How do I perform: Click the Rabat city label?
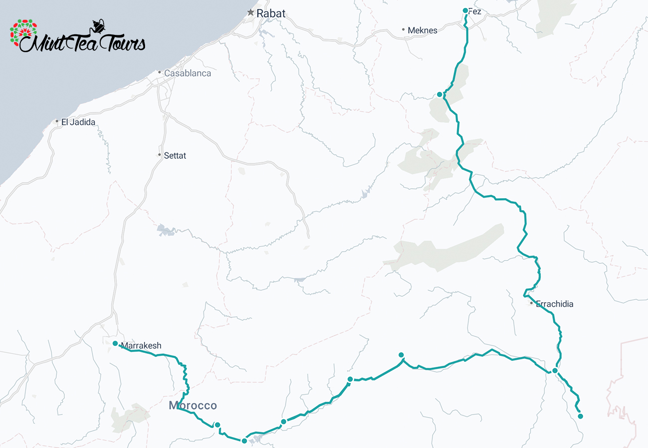[271, 13]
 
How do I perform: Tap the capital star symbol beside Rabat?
[251, 12]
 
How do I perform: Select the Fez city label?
[475, 11]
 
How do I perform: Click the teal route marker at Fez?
[465, 10]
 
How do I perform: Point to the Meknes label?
[422, 30]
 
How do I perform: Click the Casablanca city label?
[187, 73]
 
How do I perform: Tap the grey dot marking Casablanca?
[160, 73]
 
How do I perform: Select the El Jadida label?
[78, 121]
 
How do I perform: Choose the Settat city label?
[175, 156]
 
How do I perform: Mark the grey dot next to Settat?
[160, 155]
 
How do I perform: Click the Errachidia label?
[554, 304]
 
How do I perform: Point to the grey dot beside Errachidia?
[532, 303]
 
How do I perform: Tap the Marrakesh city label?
[141, 345]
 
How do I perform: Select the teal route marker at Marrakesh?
[115, 343]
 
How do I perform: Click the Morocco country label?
[192, 405]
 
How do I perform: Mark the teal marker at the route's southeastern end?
[580, 416]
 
